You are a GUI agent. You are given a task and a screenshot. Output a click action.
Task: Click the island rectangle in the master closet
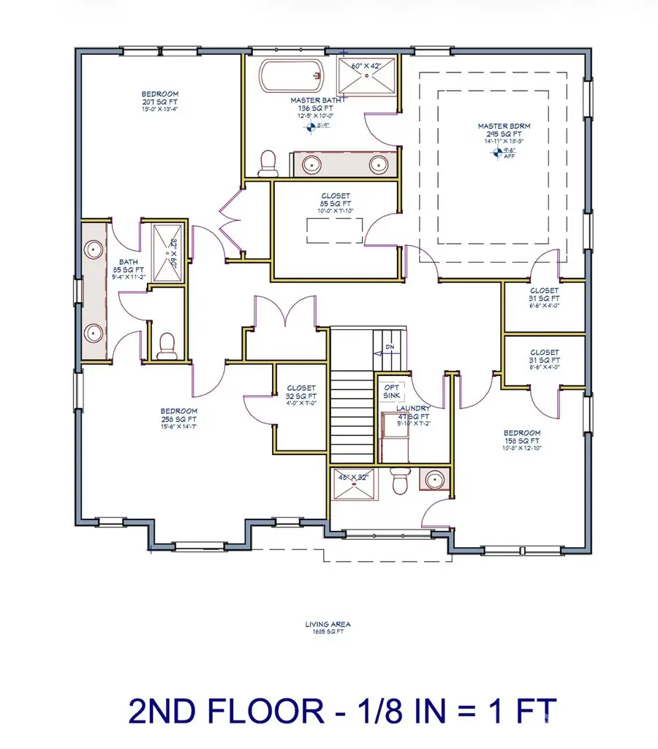tap(335, 232)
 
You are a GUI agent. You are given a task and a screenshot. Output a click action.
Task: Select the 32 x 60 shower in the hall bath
tap(167, 252)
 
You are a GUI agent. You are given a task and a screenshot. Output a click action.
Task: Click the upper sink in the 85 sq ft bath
tap(94, 251)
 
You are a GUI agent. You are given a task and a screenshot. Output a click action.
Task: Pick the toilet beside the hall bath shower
tap(167, 345)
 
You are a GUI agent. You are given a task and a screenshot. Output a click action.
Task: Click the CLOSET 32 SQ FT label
tap(301, 393)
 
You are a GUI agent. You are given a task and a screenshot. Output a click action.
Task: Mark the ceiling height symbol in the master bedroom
tap(499, 152)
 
